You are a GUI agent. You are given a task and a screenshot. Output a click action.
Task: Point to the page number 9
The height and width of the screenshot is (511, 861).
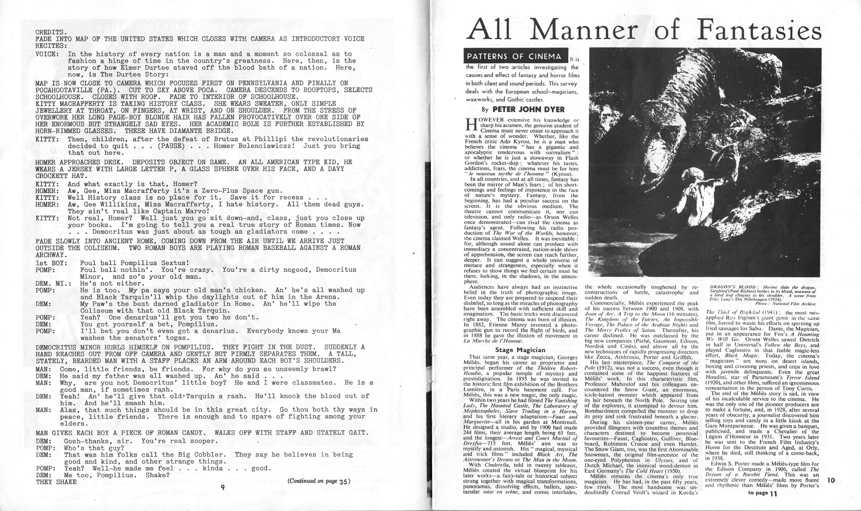pos(223,487)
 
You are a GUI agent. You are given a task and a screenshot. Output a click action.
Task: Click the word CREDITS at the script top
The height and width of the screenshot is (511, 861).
pos(50,32)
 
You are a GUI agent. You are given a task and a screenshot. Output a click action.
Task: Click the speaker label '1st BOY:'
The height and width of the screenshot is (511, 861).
pos(51,263)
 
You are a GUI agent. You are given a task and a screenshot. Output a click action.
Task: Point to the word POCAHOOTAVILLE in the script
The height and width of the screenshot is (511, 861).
pos(62,90)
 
